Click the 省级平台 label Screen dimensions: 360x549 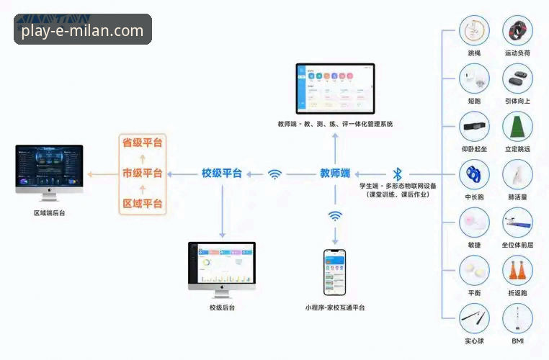coord(142,143)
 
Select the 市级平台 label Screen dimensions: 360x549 coord(142,174)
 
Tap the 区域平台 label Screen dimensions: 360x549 coord(142,204)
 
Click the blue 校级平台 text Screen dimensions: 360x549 coord(222,174)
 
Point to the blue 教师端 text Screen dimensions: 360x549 coord(335,174)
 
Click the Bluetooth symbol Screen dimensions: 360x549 coord(397,174)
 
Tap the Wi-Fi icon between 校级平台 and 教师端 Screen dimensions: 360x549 coord(274,174)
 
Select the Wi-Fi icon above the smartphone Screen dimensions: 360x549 coord(335,215)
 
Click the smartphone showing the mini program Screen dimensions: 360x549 coord(334,272)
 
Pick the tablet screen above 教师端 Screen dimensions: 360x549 coord(336,88)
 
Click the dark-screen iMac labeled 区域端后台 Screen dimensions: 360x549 coord(49,170)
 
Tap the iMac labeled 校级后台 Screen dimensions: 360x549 coord(222,266)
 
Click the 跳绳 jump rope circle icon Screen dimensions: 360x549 coord(474,31)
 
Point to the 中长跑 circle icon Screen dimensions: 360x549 coord(474,174)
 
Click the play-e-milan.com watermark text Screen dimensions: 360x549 coord(82,30)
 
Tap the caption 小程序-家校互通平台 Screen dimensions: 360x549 coord(334,307)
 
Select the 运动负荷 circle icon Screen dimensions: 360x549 coord(517,31)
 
